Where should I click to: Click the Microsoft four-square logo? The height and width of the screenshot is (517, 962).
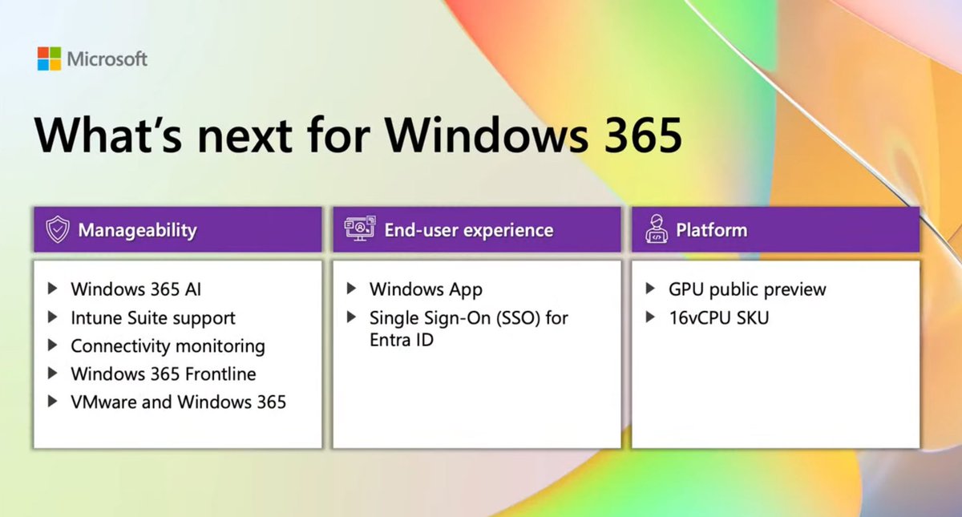pos(49,59)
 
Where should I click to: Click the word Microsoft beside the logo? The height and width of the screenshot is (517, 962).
pos(107,59)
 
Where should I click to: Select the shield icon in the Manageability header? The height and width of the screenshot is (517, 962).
pos(57,230)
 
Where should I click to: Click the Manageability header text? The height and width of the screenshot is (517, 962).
pos(137,230)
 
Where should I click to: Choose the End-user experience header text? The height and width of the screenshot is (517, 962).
pos(468,230)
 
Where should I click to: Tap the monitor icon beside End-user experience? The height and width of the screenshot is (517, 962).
pos(359,230)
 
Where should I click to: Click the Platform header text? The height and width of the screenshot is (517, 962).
pos(711,230)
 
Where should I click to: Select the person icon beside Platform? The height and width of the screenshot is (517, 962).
pos(657,230)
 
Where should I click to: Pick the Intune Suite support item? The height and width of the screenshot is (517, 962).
pos(153,317)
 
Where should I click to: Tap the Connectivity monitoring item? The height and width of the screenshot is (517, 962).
pos(168,345)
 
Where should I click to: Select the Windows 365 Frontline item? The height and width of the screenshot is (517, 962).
pos(164,374)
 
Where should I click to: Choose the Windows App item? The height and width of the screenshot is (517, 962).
pos(426,289)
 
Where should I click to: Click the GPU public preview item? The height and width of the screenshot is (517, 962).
pos(747,289)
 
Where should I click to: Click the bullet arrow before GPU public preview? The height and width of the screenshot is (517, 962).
pos(650,289)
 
